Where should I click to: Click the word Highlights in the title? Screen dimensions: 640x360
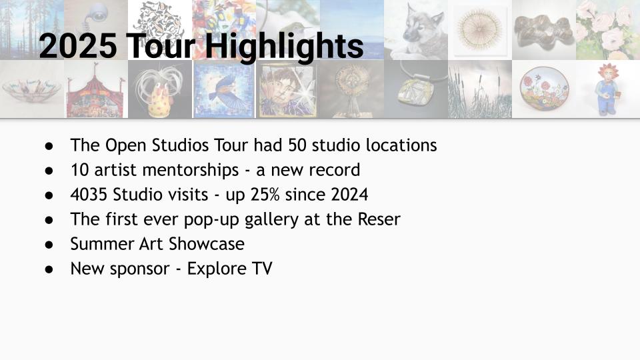pyautogui.click(x=284, y=46)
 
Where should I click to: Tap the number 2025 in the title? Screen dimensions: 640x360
pyautogui.click(x=77, y=45)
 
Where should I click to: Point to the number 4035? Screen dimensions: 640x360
pyautogui.click(x=89, y=195)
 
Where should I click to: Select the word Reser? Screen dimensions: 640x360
pyautogui.click(x=379, y=219)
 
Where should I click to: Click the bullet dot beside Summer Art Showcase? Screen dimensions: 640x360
pyautogui.click(x=49, y=245)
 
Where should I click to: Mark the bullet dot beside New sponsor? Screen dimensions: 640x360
pyautogui.click(x=49, y=269)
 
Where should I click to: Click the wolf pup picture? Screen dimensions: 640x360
pyautogui.click(x=416, y=30)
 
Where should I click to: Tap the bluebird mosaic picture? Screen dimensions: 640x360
pyautogui.click(x=224, y=89)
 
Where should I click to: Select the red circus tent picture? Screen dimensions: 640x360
pyautogui.click(x=96, y=89)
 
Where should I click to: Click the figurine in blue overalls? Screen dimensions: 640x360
pyautogui.click(x=608, y=89)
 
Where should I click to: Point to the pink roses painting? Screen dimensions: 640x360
pyautogui.click(x=608, y=30)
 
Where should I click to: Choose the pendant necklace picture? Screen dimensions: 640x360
pyautogui.click(x=416, y=89)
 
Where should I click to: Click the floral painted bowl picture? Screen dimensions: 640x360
pyautogui.click(x=544, y=89)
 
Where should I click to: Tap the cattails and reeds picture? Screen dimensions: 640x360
pyautogui.click(x=480, y=89)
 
